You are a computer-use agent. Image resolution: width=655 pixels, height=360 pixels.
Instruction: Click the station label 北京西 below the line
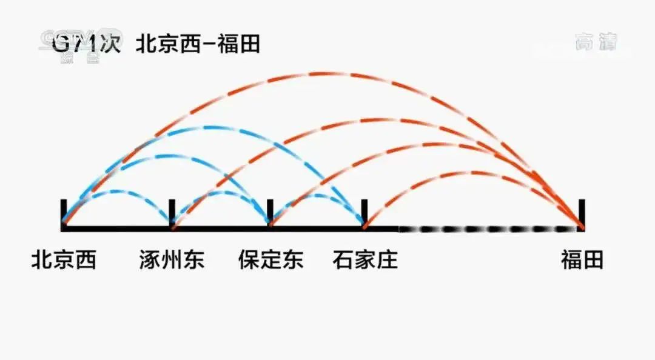point(64,261)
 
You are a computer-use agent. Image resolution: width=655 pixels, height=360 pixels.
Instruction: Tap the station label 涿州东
point(172,261)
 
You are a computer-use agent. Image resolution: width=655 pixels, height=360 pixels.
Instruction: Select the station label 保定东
point(270,261)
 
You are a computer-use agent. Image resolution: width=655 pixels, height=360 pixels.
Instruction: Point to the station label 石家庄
point(365,261)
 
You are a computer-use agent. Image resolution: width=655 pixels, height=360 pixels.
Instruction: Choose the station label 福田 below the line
point(582,261)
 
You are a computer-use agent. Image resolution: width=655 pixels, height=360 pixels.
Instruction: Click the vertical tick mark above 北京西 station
point(63,212)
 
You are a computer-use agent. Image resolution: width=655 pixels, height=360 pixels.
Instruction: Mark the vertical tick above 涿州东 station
point(172,212)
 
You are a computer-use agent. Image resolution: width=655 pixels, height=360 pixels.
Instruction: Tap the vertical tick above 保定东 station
point(270,212)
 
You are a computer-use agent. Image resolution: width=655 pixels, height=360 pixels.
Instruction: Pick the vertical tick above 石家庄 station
point(364,212)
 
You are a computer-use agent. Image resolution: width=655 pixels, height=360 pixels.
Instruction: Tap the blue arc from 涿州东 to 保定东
point(221,193)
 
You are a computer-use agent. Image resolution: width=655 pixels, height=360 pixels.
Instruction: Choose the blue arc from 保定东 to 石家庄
point(317,195)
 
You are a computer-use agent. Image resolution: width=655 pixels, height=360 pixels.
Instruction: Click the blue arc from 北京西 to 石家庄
point(212,128)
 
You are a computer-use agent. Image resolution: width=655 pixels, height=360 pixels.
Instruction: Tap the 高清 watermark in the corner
point(597,42)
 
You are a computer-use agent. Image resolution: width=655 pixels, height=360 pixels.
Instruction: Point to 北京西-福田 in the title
point(198,44)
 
